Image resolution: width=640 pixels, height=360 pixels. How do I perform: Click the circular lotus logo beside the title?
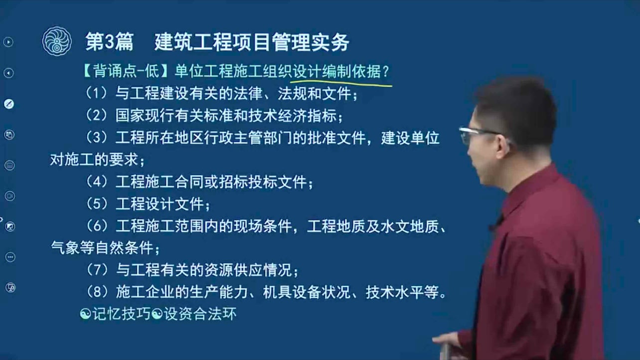click(x=57, y=41)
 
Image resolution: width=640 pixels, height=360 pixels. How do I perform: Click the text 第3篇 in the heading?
click(x=110, y=42)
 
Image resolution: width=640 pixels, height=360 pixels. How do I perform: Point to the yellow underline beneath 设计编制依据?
click(x=341, y=83)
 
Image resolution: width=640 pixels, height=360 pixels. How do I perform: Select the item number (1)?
click(x=97, y=93)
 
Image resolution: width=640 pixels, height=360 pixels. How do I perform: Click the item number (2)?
click(x=97, y=116)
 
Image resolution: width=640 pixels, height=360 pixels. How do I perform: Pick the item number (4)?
click(x=97, y=181)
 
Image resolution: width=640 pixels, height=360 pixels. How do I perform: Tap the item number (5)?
click(x=97, y=204)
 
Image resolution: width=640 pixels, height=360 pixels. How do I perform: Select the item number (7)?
click(x=97, y=270)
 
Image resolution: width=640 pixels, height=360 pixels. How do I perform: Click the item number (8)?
click(x=97, y=292)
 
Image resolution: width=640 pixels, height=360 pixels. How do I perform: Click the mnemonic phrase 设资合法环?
click(x=200, y=314)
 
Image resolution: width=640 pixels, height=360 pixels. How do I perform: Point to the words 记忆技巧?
click(x=121, y=314)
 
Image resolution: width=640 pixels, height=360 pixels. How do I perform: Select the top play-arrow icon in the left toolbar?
click(x=8, y=42)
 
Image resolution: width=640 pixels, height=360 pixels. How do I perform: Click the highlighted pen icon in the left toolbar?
click(x=9, y=104)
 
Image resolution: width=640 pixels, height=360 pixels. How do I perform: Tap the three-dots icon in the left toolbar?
click(x=10, y=257)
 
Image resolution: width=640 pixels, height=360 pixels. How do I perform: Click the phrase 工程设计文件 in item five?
click(x=160, y=204)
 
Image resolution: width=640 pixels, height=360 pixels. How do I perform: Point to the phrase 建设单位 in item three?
click(x=410, y=138)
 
